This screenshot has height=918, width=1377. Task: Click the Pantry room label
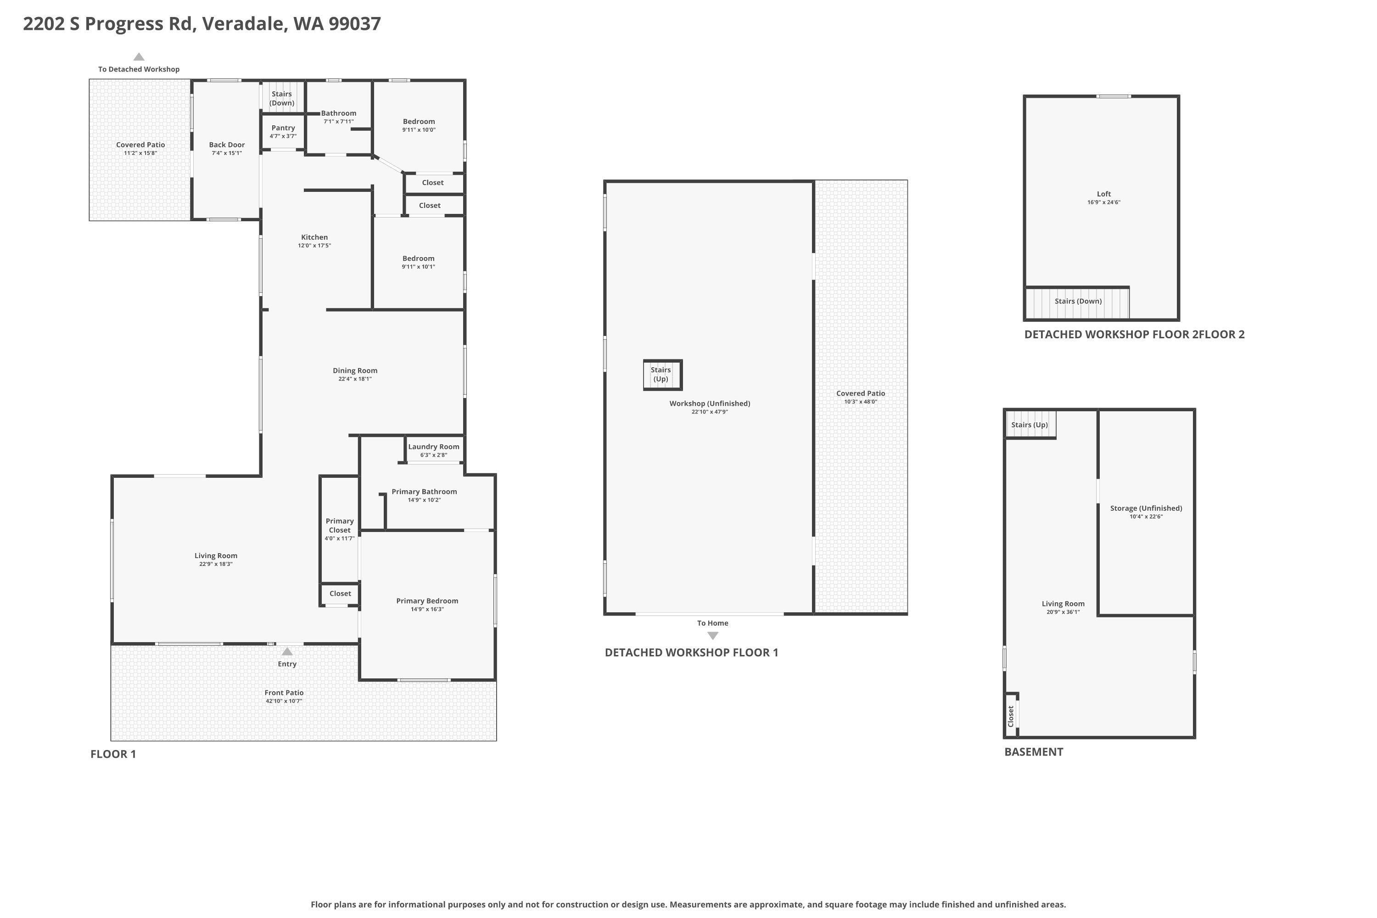point(283,128)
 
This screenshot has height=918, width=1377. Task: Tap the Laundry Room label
point(433,447)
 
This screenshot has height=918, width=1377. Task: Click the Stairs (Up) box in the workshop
point(662,375)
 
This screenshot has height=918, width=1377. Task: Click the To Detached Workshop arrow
point(139,57)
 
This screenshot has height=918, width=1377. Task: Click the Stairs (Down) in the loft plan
point(1078,302)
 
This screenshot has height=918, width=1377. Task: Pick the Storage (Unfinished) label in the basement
point(1146,508)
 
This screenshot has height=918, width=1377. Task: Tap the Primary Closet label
point(340,526)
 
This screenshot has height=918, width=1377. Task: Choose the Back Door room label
point(227,145)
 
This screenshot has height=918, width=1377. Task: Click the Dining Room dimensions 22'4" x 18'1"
point(355,379)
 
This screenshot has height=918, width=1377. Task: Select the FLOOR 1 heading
point(113,754)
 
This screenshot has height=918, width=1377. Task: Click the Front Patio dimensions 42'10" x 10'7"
point(284,701)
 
